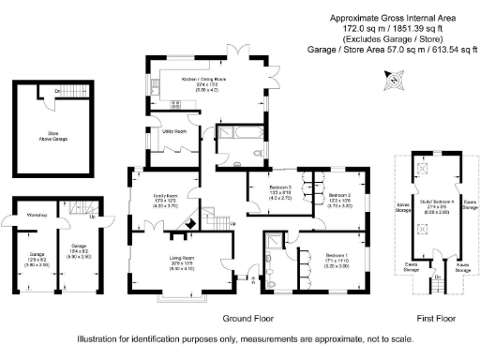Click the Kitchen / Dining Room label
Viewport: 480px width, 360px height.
point(207,80)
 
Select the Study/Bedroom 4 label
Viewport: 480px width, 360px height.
point(433,203)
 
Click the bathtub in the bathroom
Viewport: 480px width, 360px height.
point(230,135)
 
